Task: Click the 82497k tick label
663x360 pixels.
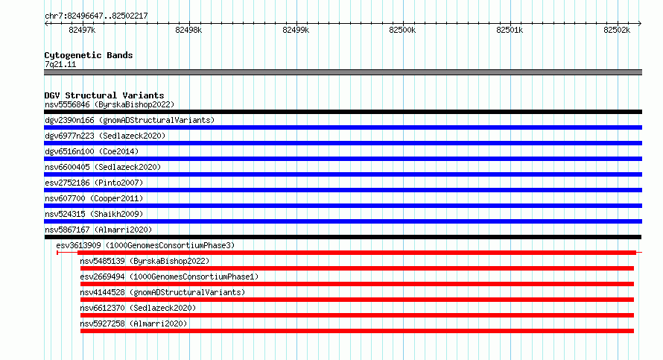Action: tap(82, 30)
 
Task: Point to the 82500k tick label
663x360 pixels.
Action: tap(402, 30)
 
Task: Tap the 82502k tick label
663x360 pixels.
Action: tap(617, 30)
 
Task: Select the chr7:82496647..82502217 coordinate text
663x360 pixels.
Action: tap(96, 16)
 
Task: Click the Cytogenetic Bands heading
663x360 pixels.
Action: tap(89, 55)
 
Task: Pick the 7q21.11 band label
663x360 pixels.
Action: tap(60, 64)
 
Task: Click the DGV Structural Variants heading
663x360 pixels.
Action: tap(104, 95)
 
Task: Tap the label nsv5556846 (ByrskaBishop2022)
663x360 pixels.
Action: tap(110, 104)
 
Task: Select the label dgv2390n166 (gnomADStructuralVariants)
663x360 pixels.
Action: tap(130, 120)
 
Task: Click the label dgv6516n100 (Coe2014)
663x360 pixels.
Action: tap(92, 151)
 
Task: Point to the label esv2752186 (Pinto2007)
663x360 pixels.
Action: tap(94, 183)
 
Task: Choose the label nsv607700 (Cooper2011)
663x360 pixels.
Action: tap(94, 198)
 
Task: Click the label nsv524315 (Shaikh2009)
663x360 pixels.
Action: tap(94, 214)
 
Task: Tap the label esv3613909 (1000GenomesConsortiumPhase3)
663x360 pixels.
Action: tap(145, 245)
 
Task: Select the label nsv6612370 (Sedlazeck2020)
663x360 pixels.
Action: tap(138, 308)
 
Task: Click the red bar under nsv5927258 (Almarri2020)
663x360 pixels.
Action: tap(357, 331)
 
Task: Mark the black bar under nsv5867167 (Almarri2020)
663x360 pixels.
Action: tap(343, 237)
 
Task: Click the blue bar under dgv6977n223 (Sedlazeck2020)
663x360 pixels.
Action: tap(343, 143)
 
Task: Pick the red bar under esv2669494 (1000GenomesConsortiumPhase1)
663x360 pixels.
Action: tap(357, 284)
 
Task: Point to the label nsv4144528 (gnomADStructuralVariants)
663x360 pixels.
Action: tap(162, 292)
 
